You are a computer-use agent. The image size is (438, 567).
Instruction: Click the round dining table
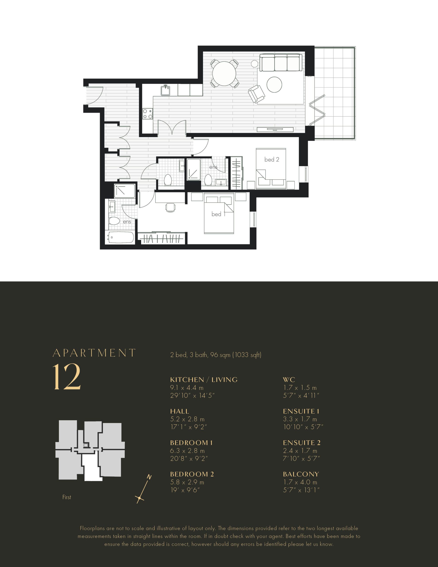tap(224, 73)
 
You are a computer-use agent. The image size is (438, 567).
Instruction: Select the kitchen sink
tap(165, 90)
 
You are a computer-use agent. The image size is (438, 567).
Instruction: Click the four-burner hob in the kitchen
tap(147, 114)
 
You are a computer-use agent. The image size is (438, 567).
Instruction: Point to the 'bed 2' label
tap(271, 159)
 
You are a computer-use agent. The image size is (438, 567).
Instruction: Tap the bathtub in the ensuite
tap(121, 237)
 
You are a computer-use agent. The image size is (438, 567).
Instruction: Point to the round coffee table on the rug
tap(274, 84)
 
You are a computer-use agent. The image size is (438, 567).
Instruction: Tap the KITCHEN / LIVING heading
tap(204, 380)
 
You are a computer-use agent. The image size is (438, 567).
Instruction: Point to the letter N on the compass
tap(149, 477)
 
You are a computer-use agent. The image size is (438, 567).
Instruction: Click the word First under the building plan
tap(67, 497)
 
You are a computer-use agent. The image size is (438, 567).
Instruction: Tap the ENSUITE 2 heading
tap(302, 443)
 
